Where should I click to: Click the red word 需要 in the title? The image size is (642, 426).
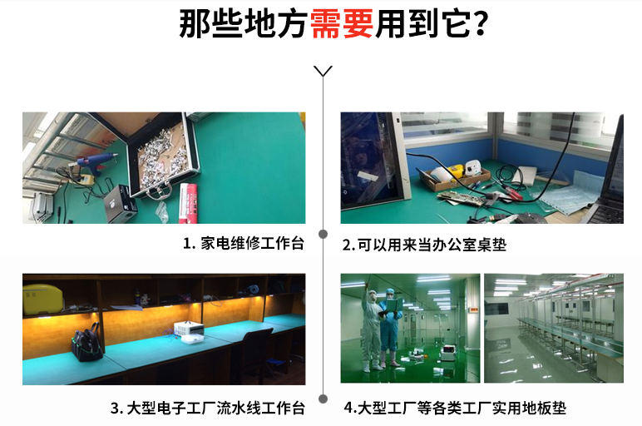click(342, 24)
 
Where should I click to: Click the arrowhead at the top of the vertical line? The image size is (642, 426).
click(323, 72)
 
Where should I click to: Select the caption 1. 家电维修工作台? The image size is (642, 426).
click(244, 243)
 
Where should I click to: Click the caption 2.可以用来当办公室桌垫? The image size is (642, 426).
click(424, 245)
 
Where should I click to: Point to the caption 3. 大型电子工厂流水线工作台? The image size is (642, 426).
click(208, 408)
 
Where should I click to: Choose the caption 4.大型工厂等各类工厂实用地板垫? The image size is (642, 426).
click(455, 408)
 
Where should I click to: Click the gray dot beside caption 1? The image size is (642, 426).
click(323, 234)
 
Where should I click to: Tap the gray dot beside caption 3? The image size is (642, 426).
click(323, 399)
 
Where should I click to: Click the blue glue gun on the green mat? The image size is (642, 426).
click(95, 161)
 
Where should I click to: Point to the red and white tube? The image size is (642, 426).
click(188, 203)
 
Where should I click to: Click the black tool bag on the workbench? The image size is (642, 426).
click(86, 344)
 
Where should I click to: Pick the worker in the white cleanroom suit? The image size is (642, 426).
click(371, 329)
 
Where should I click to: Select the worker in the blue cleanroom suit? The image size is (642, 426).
click(391, 326)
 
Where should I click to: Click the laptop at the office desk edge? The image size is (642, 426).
click(607, 176)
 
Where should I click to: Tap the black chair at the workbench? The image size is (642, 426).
click(256, 354)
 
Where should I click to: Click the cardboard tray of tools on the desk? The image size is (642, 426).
click(456, 176)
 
